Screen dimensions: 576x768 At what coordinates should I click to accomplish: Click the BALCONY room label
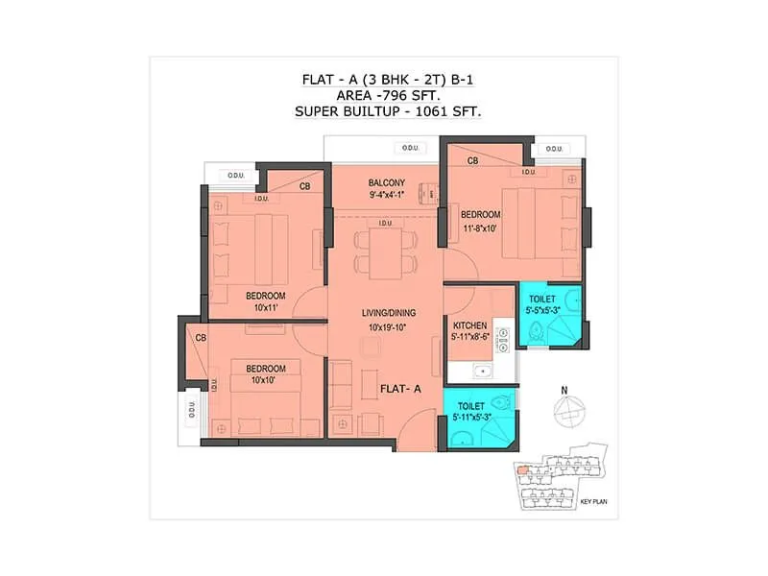click(x=387, y=182)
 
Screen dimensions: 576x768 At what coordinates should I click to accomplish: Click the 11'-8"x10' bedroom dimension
click(x=481, y=228)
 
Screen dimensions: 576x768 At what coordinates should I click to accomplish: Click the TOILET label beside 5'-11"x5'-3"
click(x=471, y=406)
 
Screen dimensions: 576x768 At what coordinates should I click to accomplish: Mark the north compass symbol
click(x=568, y=410)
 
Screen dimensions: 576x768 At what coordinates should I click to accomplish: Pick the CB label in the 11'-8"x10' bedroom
click(x=472, y=161)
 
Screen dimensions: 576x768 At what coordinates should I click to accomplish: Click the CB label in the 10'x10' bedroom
click(x=201, y=338)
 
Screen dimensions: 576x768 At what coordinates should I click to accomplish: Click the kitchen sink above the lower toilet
click(x=481, y=372)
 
